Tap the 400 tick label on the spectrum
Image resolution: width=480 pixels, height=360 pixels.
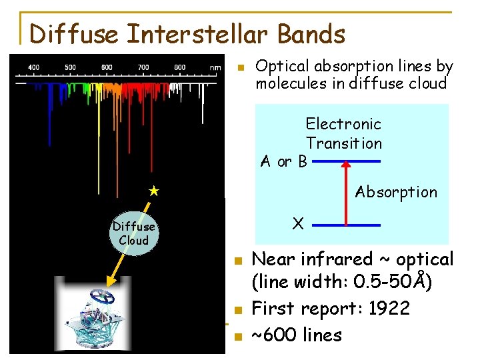pyautogui.click(x=33, y=67)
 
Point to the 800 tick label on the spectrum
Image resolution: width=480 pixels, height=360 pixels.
pyautogui.click(x=180, y=67)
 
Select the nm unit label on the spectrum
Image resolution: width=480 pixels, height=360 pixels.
pyautogui.click(x=215, y=67)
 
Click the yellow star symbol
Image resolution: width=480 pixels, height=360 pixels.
pyautogui.click(x=154, y=191)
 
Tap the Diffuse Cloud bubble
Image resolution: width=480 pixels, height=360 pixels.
pyautogui.click(x=133, y=233)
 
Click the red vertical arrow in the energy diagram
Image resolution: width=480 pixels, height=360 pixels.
pyautogui.click(x=345, y=193)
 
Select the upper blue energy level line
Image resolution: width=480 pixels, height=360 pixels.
pyautogui.click(x=346, y=161)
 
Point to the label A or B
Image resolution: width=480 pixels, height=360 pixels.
pyautogui.click(x=284, y=161)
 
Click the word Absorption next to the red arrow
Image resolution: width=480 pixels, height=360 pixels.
pyautogui.click(x=396, y=193)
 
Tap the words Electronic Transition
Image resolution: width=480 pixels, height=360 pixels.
pyautogui.click(x=343, y=133)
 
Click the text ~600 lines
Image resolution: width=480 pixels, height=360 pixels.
pyautogui.click(x=297, y=334)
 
